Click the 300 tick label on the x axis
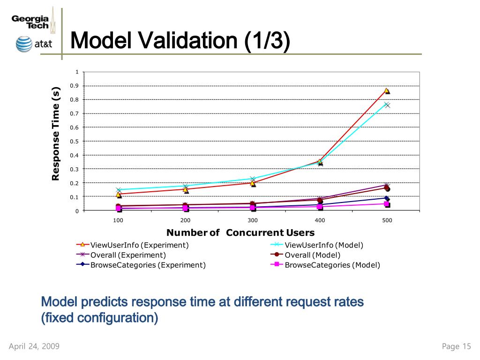[x=253, y=220]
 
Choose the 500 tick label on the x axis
[x=387, y=220]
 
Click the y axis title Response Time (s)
[x=56, y=134]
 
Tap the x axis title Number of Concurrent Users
[x=240, y=232]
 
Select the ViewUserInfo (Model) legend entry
[x=324, y=245]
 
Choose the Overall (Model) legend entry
[x=312, y=255]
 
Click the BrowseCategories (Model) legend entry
[x=332, y=265]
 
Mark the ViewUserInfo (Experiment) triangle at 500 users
[x=387, y=90]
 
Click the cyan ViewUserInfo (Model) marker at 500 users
[x=387, y=105]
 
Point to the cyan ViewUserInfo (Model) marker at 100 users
[x=119, y=190]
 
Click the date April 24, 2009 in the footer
[x=34, y=346]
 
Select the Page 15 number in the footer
[x=456, y=346]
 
